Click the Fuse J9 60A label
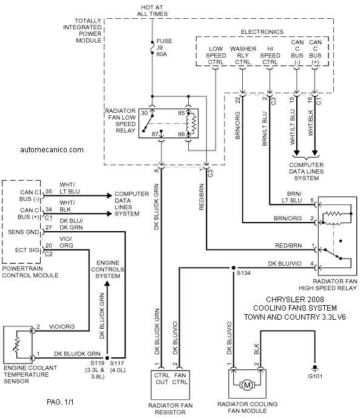click(x=164, y=47)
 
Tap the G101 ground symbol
click(x=315, y=368)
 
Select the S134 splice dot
click(x=233, y=268)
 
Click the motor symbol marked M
click(x=247, y=385)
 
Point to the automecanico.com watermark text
click(x=52, y=150)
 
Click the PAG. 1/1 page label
click(x=60, y=402)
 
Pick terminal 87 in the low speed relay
click(x=155, y=134)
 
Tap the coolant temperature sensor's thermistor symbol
click(x=17, y=345)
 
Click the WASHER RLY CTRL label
click(x=243, y=55)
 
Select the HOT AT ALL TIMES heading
click(x=152, y=11)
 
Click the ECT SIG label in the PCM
click(x=27, y=250)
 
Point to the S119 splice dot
click(x=107, y=358)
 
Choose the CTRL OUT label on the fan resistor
click(x=162, y=379)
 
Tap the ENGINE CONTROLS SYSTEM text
click(x=107, y=269)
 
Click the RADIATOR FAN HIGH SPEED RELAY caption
click(x=328, y=285)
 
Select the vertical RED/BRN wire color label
click(x=202, y=197)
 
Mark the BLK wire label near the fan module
click(x=257, y=349)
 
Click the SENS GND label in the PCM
click(x=24, y=232)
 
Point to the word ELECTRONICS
click(x=262, y=32)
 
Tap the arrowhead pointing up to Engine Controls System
click(x=107, y=284)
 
